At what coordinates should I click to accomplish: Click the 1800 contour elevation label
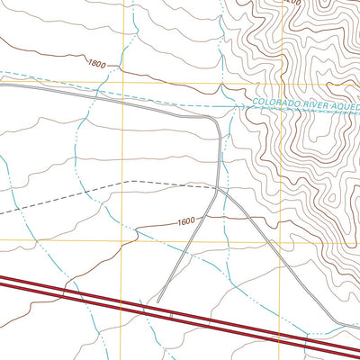(x=98, y=63)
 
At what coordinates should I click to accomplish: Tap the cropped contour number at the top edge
(x=290, y=3)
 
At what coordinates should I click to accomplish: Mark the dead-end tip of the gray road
(x=158, y=301)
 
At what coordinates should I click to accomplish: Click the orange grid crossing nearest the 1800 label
(x=122, y=84)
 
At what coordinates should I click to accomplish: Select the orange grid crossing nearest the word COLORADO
(x=281, y=84)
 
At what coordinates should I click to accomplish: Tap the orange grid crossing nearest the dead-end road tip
(x=122, y=241)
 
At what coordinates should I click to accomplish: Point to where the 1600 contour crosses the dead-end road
(x=208, y=218)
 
